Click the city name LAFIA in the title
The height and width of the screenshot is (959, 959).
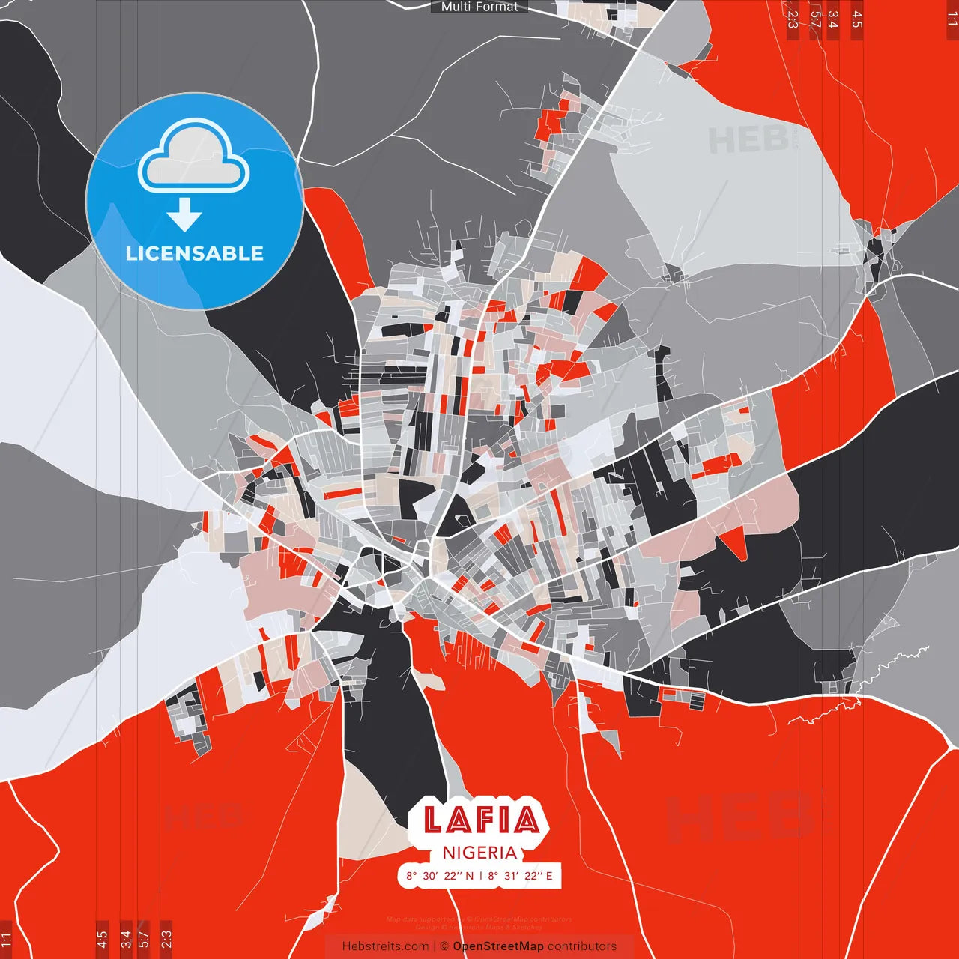pyautogui.click(x=480, y=820)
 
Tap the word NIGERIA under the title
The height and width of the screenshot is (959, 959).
pyautogui.click(x=479, y=853)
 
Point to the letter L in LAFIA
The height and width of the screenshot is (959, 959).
pyautogui.click(x=433, y=820)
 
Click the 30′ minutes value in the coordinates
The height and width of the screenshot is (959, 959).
pyautogui.click(x=431, y=876)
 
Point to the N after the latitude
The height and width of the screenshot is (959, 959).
pyautogui.click(x=469, y=876)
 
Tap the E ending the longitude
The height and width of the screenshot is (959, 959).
pyautogui.click(x=549, y=876)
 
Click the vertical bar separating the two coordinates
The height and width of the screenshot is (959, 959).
pyautogui.click(x=480, y=876)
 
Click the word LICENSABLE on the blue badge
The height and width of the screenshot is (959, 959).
pyautogui.click(x=195, y=253)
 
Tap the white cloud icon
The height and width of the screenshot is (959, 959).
pyautogui.click(x=194, y=157)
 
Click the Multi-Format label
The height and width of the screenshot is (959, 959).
pyautogui.click(x=479, y=7)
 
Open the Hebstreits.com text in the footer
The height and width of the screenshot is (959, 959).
pyautogui.click(x=385, y=946)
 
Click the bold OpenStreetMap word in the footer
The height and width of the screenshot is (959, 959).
pyautogui.click(x=498, y=946)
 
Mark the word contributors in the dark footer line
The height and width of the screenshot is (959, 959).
pyautogui.click(x=582, y=946)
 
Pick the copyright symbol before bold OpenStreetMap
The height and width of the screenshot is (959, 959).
pyautogui.click(x=444, y=946)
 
